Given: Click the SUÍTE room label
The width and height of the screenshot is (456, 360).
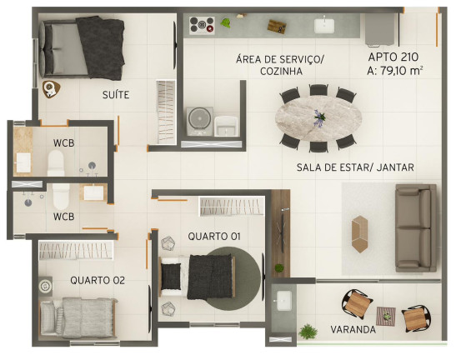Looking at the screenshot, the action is click(116, 95).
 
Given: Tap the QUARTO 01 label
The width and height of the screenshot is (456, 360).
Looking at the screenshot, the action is click(214, 237).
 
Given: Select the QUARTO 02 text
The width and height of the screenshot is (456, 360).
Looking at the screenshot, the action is click(98, 280).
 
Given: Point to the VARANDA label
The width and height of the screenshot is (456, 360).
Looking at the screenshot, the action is click(353, 329).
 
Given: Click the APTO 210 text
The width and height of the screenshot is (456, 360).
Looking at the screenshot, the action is click(393, 57).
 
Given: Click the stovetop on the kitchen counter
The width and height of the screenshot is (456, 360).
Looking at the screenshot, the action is click(202, 26).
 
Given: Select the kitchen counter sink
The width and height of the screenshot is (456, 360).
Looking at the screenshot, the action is click(324, 26).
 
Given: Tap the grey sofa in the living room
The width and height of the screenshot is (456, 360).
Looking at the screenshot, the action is click(416, 227).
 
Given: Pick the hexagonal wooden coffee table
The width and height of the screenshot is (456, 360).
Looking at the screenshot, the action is click(359, 234).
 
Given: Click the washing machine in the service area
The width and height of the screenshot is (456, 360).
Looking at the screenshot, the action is click(199, 122).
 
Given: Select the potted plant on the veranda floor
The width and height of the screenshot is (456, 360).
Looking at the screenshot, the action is click(308, 332).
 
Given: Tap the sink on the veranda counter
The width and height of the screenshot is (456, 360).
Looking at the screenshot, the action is click(284, 300).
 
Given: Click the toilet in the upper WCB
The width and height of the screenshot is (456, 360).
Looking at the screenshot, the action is click(56, 162).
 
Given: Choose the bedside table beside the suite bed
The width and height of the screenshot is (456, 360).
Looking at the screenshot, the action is click(51, 89).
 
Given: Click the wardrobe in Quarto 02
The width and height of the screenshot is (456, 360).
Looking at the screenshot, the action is click(76, 250).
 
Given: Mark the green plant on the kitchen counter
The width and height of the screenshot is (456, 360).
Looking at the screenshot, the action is click(226, 22).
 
